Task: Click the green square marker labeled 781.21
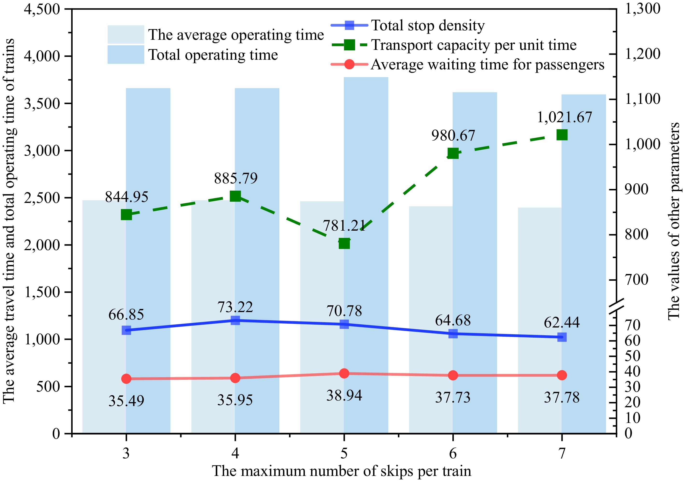tap(344, 244)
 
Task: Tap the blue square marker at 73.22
tap(235, 320)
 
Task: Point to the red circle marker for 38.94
tap(344, 373)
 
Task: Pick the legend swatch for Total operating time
tap(126, 54)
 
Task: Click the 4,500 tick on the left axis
tap(42, 9)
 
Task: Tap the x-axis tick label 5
tap(344, 453)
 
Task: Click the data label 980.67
tap(453, 136)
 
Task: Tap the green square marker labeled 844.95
tap(126, 214)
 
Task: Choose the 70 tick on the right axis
tap(632, 325)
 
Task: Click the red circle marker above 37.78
tap(562, 375)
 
